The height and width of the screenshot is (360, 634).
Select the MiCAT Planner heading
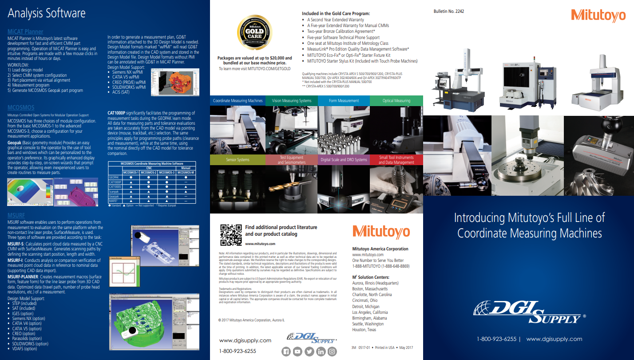pos(25,32)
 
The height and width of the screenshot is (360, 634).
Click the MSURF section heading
pos(16,215)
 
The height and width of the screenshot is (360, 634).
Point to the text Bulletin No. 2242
pos(448,11)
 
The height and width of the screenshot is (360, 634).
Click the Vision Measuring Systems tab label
pos(292,101)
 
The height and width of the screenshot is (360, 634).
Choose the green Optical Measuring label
pos(396,101)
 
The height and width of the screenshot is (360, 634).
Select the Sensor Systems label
pos(238,160)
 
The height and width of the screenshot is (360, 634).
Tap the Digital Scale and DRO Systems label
pos(344,160)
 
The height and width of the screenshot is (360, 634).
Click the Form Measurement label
pos(344,101)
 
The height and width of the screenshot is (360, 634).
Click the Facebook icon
pos(286,352)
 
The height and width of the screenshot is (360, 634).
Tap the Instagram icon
pos(332,352)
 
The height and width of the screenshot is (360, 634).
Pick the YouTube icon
pos(297,352)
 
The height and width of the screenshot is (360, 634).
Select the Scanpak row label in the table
pos(114,192)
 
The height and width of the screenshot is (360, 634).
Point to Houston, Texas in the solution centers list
pos(364,330)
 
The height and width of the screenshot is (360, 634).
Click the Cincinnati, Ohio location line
pos(365,301)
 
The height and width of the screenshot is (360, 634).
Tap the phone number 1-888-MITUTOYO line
pos(380,266)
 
